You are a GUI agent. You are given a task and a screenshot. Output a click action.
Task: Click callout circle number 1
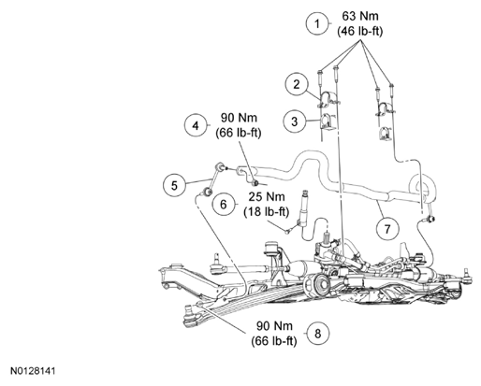point(317,23)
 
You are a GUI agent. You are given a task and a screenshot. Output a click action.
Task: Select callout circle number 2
point(297,84)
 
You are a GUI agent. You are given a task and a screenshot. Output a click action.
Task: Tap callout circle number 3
point(295,122)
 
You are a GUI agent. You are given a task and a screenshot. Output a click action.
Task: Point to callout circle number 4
point(196,125)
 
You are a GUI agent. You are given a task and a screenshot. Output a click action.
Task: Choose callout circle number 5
point(174,185)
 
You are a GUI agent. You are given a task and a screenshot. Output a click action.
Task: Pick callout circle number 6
point(224,205)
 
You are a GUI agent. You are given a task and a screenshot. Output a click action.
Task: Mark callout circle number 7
point(387,229)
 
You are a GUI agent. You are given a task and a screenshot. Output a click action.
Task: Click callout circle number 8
point(317,334)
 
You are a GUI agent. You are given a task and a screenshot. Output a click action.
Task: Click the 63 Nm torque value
point(360,16)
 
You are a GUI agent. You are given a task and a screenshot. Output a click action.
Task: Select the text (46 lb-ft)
point(360,31)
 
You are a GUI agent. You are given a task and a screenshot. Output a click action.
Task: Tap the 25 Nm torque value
point(267,197)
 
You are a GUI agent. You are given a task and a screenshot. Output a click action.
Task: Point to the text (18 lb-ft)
point(267,212)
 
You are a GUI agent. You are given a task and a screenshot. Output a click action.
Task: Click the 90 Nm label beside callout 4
point(239,118)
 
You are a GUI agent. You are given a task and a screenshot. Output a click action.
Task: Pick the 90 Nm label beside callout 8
point(274,326)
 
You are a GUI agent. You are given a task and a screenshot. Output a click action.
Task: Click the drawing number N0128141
point(33,371)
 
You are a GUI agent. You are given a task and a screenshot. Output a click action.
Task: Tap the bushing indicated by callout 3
point(327,122)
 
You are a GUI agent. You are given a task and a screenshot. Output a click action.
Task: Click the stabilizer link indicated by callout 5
point(213,179)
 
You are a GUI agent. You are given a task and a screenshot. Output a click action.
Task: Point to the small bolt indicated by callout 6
point(288,231)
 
